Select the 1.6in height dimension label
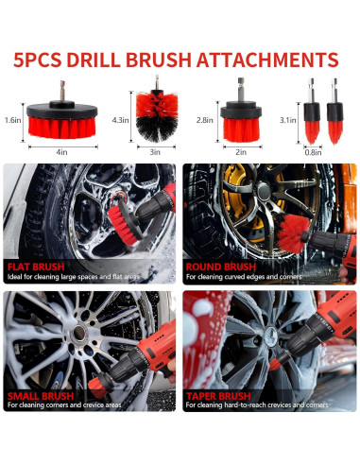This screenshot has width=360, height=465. point(12,121)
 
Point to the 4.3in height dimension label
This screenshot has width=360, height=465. point(120,120)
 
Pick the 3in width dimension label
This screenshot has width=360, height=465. point(153,150)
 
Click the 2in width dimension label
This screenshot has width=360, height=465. point(241,150)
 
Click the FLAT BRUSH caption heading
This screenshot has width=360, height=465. point(38,266)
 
